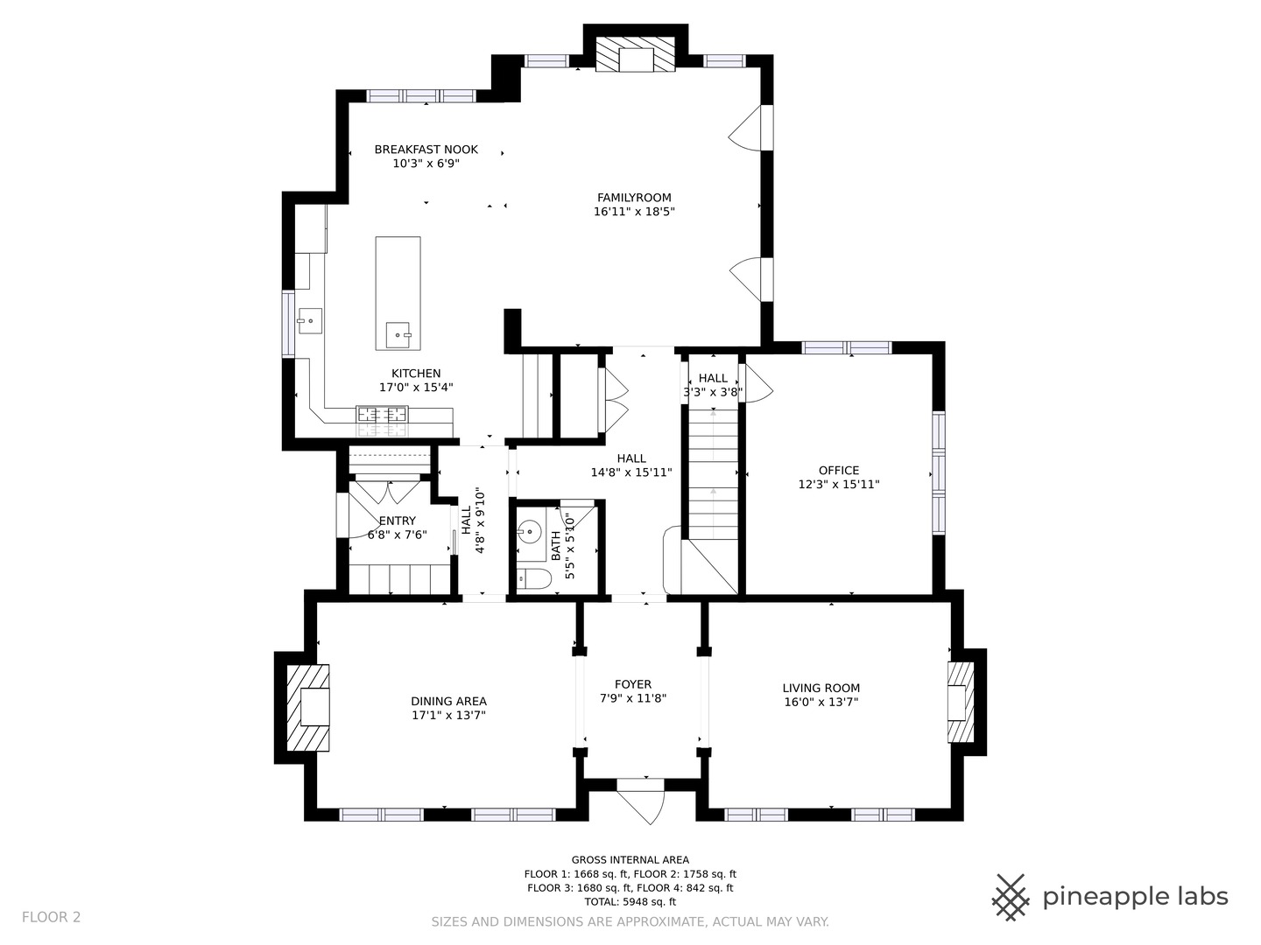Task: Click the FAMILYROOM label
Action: click(x=634, y=198)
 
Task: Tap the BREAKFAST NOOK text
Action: click(x=426, y=150)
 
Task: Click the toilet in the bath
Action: click(x=533, y=577)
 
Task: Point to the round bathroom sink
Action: click(x=529, y=532)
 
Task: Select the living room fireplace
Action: click(x=961, y=703)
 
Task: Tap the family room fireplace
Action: click(x=636, y=55)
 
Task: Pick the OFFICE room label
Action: click(x=839, y=471)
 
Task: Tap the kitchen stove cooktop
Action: click(x=382, y=414)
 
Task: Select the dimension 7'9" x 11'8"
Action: click(x=633, y=698)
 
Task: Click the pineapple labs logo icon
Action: click(x=1011, y=898)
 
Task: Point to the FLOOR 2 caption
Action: click(x=51, y=918)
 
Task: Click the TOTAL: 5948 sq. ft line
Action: click(x=630, y=902)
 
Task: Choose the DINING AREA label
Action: click(x=448, y=701)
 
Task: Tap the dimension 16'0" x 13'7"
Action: click(x=821, y=702)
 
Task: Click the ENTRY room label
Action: click(x=397, y=521)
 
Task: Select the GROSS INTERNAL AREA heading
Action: click(x=630, y=860)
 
